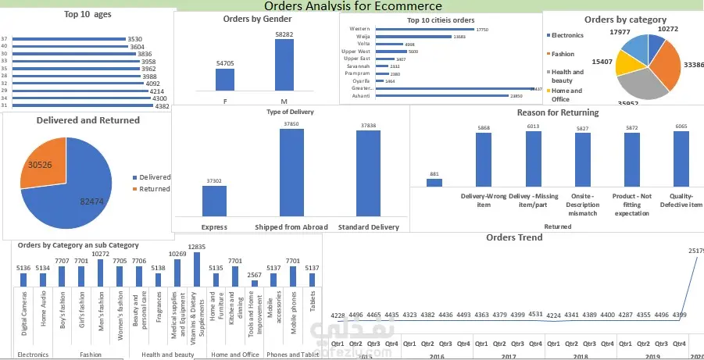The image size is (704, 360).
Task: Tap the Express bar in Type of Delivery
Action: tap(214, 201)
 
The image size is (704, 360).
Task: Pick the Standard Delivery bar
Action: tap(368, 173)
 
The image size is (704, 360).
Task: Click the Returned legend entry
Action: tap(153, 189)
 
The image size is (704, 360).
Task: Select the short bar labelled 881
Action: tap(434, 183)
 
